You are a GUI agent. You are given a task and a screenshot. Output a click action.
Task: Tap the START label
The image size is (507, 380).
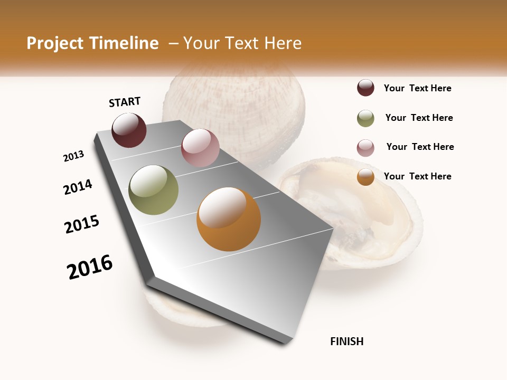point(125,102)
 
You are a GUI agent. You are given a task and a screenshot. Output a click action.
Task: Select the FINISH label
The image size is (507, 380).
point(347,341)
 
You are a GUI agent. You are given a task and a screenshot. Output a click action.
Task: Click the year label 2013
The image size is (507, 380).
point(73,156)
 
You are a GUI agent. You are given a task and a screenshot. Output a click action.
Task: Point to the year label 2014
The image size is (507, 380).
point(78,187)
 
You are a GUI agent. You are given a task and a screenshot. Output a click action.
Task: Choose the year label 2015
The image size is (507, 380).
point(82,224)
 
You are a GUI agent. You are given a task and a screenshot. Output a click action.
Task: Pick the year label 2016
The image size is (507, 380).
point(90,267)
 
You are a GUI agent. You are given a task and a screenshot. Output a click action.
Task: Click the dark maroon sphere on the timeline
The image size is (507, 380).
point(129,130)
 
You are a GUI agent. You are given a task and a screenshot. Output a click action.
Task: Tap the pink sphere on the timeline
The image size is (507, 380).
point(200,148)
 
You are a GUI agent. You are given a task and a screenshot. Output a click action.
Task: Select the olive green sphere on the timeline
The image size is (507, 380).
point(153,190)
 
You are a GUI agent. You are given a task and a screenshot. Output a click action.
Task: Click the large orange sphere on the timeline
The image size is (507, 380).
point(229,219)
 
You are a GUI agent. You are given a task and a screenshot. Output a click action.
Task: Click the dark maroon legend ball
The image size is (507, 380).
point(365,88)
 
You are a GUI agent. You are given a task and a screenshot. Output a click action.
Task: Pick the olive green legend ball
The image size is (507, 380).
point(365,118)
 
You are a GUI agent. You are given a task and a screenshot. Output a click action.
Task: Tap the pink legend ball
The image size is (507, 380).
point(365,148)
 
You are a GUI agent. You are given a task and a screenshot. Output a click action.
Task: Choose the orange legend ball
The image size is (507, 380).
point(365,177)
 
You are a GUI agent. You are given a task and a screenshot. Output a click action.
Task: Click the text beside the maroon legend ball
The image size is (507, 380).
point(417,88)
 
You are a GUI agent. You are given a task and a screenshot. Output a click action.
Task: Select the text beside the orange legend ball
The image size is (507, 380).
point(417,176)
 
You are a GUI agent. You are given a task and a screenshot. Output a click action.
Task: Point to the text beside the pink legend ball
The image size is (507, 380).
point(420,147)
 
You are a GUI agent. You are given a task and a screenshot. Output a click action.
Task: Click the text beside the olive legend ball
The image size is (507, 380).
point(419,118)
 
